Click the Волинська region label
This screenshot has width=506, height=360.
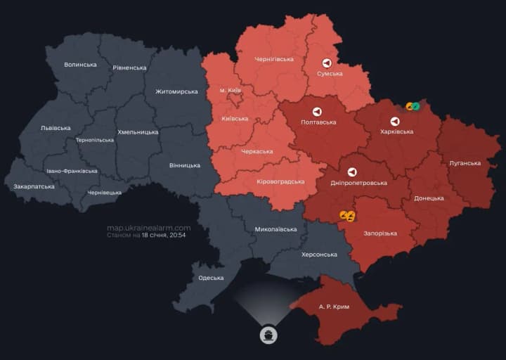point(80,65)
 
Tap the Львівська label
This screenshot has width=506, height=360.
point(56,128)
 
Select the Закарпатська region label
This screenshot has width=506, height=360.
point(34,187)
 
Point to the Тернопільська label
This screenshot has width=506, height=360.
point(94,140)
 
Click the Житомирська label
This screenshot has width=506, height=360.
point(176,92)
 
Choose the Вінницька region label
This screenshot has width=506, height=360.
point(185,166)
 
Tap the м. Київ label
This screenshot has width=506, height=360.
point(231,91)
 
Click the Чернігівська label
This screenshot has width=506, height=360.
point(274,59)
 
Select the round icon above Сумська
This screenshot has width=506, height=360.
point(327,63)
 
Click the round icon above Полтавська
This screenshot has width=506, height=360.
point(317,112)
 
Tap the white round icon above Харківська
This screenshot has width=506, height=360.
point(395,121)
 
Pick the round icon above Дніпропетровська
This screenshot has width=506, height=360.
point(351,172)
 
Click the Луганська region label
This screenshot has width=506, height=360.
point(465,163)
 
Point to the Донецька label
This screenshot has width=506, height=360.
point(429,198)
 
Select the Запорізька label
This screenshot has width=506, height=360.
point(380,233)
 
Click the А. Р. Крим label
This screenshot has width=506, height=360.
point(334,307)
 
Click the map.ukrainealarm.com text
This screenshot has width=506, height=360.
point(148,228)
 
